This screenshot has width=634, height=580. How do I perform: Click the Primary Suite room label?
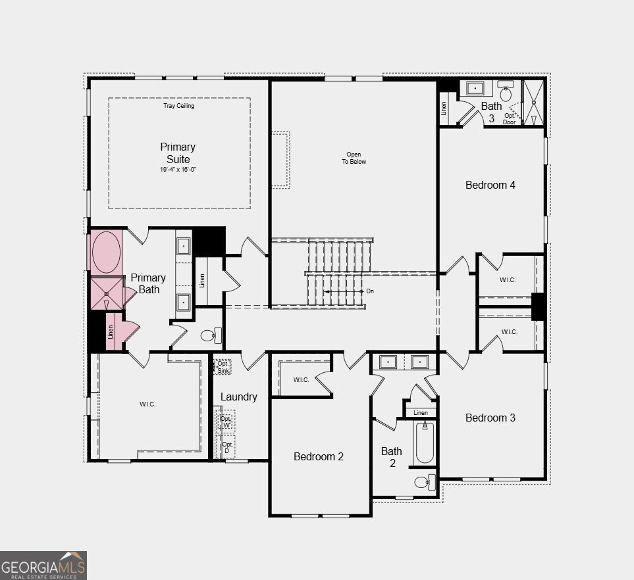point(178,153)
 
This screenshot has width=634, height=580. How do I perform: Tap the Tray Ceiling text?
point(178,106)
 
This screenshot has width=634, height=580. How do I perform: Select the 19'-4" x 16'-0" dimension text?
point(178,170)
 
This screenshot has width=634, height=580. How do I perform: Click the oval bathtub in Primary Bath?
point(106,252)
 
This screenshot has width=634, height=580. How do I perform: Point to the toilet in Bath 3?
point(506,91)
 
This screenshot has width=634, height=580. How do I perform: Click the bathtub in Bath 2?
point(425,443)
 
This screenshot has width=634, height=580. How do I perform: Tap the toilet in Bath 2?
point(425,482)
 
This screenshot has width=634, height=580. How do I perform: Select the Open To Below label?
point(354,158)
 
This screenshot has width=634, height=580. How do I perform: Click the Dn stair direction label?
point(370,291)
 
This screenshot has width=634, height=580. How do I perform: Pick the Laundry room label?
point(238,397)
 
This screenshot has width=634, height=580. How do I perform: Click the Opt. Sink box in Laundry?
point(223,367)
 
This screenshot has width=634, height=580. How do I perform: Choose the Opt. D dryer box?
point(226,447)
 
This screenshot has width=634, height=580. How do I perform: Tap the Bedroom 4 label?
point(490,185)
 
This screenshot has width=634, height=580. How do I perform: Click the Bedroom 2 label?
point(319,456)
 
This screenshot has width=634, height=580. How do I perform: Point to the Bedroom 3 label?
point(490,418)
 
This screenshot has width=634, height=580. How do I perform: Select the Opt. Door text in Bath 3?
point(509,119)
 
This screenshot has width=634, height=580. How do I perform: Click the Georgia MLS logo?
point(43,566)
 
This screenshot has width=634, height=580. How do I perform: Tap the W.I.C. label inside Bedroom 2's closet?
point(302,380)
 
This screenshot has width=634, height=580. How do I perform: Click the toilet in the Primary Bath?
point(211,335)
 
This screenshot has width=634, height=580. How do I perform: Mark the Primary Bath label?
point(148,283)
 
